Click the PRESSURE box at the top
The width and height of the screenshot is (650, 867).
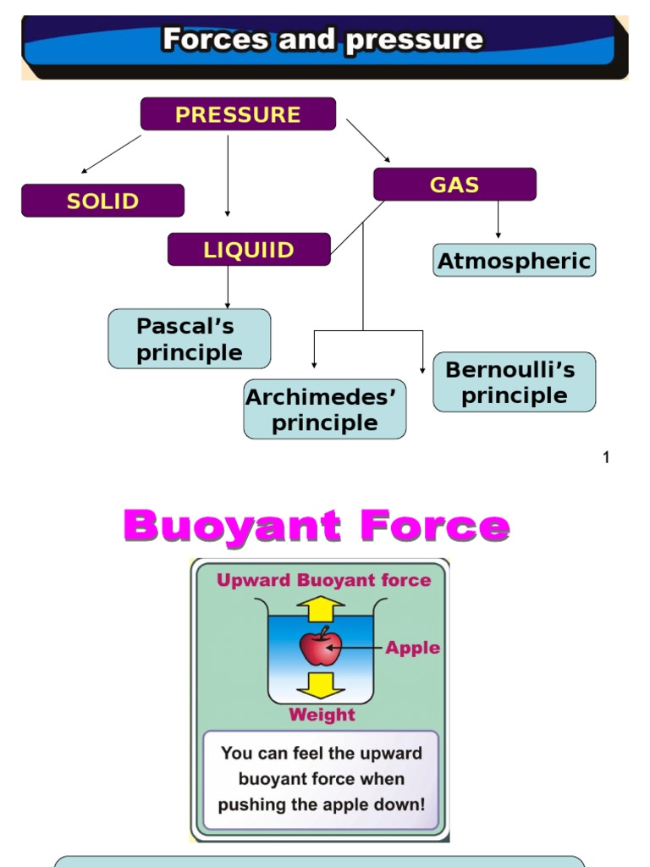pos(238,114)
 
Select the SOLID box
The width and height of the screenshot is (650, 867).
pos(102,201)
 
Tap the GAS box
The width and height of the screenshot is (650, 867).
pos(454,185)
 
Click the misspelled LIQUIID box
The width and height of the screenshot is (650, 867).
pos(249,250)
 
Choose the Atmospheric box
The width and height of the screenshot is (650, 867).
pos(514,261)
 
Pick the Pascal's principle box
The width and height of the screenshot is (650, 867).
pos(190,339)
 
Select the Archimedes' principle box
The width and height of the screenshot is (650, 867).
pos(324,410)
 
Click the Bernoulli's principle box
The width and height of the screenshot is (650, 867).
pos(514,383)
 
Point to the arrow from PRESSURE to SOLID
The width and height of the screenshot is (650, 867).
pos(111,154)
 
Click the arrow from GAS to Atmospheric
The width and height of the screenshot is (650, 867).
pos(498,220)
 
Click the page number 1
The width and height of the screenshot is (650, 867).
pos(606,458)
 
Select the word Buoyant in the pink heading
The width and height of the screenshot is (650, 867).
pos(232,527)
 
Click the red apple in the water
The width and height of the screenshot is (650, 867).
pos(321,648)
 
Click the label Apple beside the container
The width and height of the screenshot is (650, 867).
pos(413,648)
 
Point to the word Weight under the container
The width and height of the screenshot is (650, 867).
pos(322,715)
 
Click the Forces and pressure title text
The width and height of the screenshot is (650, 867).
pos(322,40)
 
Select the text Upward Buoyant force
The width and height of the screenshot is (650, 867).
pos(324,581)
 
